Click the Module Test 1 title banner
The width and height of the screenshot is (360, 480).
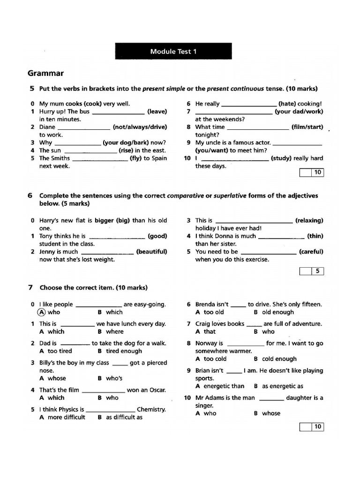pyautogui.click(x=173, y=52)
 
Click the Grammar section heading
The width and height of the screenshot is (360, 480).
pyautogui.click(x=45, y=73)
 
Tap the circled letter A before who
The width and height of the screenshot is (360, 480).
pyautogui.click(x=42, y=312)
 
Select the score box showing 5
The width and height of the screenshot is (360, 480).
pyautogui.click(x=317, y=271)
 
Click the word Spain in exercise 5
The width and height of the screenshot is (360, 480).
pyautogui.click(x=158, y=158)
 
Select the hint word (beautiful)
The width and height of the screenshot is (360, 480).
pyautogui.click(x=151, y=252)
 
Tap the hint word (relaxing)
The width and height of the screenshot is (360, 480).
pyautogui.click(x=309, y=220)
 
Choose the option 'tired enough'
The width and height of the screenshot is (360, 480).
pyautogui.click(x=124, y=351)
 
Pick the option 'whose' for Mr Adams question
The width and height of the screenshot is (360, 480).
pyautogui.click(x=271, y=413)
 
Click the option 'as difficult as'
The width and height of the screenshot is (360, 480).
pyautogui.click(x=124, y=417)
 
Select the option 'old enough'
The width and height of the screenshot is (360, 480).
pyautogui.click(x=278, y=312)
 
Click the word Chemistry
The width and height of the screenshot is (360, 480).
pyautogui.click(x=151, y=409)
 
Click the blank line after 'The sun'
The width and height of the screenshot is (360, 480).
pyautogui.click(x=90, y=151)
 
